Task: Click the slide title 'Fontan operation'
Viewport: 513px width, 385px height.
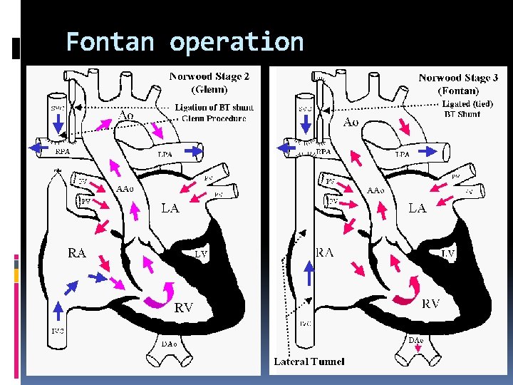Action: [185, 43]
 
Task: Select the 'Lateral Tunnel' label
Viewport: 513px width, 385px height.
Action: [309, 361]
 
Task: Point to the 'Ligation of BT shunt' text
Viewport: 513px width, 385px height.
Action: [214, 108]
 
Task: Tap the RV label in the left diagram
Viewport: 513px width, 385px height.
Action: [184, 307]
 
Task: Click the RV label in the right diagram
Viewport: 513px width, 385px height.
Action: [431, 304]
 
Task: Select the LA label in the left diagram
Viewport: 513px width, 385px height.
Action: [170, 208]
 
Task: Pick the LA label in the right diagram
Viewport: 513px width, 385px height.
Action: [418, 208]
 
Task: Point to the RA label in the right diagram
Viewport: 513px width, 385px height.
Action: [326, 252]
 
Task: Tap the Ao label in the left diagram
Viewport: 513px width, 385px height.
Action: [126, 115]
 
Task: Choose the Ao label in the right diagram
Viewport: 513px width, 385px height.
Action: [351, 122]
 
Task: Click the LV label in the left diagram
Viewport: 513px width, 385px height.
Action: [202, 253]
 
